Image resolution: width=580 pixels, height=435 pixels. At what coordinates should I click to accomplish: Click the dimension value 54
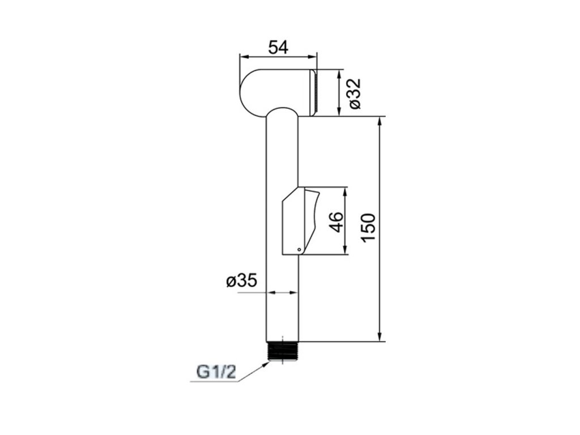(x=278, y=48)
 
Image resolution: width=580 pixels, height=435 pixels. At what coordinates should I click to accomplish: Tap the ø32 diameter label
(x=354, y=93)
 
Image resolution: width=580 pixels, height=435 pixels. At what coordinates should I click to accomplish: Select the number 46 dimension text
(x=336, y=222)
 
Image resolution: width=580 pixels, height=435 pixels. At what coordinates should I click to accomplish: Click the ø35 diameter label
(x=241, y=281)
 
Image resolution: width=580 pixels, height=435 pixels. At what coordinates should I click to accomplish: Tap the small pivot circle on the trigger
(x=299, y=250)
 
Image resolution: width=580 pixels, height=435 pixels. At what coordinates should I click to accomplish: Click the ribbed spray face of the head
(x=314, y=92)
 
